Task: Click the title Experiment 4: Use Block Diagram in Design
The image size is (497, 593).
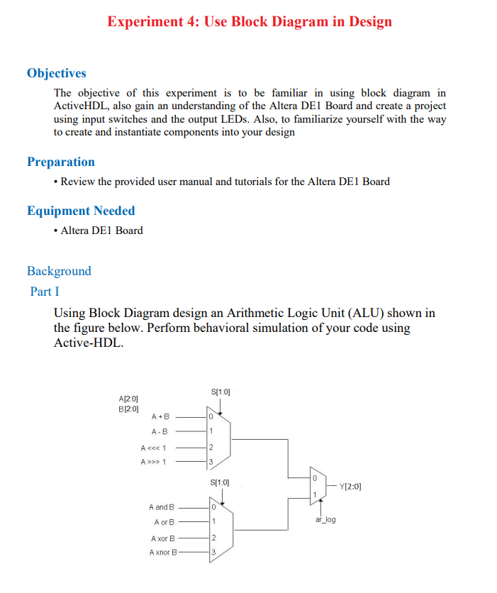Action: (249, 21)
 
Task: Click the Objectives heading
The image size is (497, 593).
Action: (57, 73)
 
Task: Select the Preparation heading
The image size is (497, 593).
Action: (61, 162)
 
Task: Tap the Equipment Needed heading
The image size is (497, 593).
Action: (81, 211)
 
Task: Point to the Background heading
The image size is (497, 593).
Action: (59, 271)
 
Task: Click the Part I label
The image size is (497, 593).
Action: (45, 292)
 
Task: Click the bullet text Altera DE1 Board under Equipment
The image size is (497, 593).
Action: (101, 231)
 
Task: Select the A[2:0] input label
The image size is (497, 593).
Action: (128, 400)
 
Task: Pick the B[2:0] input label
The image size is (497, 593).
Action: (128, 409)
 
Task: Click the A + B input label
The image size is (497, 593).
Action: (160, 418)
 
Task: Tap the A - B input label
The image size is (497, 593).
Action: (160, 432)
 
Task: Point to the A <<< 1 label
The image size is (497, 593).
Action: (154, 448)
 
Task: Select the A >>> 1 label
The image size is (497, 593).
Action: (154, 462)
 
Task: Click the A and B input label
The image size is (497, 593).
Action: (161, 507)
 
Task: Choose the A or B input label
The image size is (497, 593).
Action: (164, 522)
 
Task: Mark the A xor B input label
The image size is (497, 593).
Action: (162, 538)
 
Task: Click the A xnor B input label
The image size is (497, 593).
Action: (162, 552)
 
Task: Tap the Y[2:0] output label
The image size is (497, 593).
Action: (350, 487)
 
